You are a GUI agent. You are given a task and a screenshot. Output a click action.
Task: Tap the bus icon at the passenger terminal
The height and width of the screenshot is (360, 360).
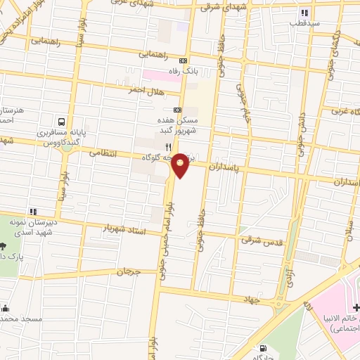(63, 120)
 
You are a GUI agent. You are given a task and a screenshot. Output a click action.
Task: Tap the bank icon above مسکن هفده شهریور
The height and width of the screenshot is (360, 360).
(177, 110)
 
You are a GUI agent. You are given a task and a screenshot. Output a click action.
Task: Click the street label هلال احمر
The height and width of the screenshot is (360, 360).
(145, 90)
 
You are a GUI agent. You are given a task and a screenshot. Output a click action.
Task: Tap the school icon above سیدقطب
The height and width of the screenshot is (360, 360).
(304, 12)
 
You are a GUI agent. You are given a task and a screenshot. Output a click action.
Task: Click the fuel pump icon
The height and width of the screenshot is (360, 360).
(263, 347)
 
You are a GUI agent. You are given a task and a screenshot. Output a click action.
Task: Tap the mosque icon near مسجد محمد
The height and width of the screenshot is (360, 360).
(5, 308)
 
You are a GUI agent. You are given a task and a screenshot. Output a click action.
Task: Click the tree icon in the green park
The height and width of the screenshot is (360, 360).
(3, 247)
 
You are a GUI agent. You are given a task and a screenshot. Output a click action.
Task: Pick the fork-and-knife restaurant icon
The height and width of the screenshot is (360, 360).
(168, 146)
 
